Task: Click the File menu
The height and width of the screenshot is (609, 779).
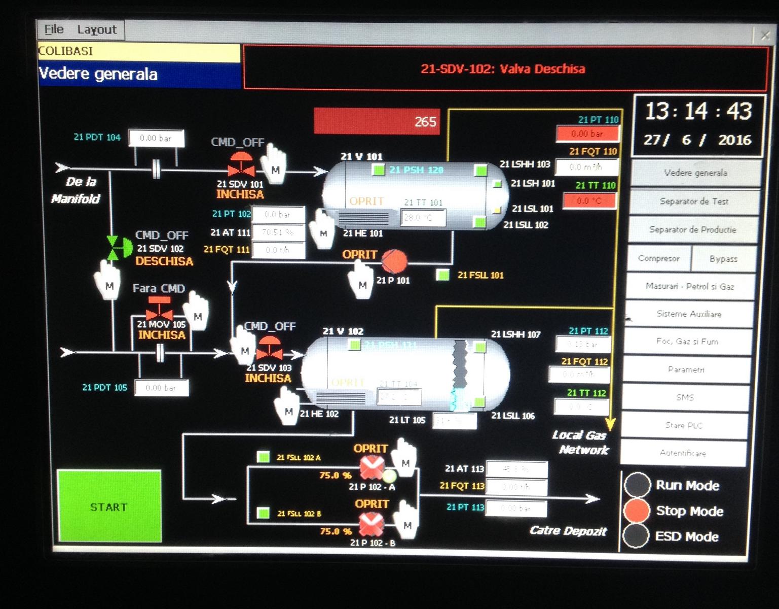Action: pos(54,29)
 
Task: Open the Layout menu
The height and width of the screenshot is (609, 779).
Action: pos(97,29)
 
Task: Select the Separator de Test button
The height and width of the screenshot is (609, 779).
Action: pos(694,201)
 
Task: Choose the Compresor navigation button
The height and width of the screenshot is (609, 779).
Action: pos(658,258)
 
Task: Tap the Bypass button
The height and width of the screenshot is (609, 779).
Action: pos(723,259)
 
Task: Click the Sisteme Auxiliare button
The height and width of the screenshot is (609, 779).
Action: pos(689,314)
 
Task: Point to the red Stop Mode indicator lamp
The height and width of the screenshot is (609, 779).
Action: pos(637,511)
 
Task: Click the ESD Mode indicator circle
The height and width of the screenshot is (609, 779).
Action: pos(637,536)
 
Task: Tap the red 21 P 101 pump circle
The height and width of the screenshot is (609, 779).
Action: pos(394,261)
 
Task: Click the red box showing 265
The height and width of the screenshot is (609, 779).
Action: pos(377,121)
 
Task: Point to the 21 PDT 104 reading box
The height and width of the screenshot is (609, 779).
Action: pos(156,138)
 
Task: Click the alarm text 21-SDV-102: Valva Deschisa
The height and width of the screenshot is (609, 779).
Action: pos(503,69)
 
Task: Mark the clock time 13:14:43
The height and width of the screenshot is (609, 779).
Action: pos(698,111)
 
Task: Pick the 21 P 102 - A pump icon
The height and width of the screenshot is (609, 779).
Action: pos(372,468)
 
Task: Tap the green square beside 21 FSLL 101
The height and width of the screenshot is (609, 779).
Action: pos(443,275)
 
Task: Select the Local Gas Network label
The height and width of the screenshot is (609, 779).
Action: pos(581,443)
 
